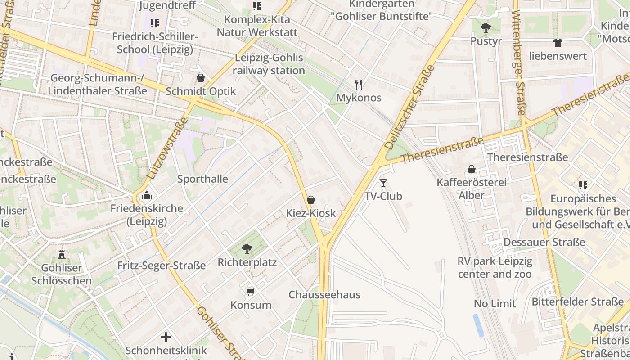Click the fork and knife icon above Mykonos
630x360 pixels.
pyautogui.click(x=359, y=84)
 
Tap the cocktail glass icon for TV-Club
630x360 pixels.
pyautogui.click(x=383, y=183)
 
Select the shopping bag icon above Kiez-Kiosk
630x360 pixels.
pyautogui.click(x=310, y=200)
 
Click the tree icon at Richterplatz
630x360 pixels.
pyautogui.click(x=247, y=248)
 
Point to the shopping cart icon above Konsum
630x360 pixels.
pyautogui.click(x=251, y=292)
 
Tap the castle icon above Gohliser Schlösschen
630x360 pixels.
pyautogui.click(x=62, y=254)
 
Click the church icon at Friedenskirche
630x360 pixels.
pyautogui.click(x=147, y=195)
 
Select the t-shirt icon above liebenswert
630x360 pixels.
pyautogui.click(x=558, y=43)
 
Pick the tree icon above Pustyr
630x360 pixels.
pyautogui.click(x=486, y=27)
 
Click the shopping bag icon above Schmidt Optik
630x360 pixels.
pyautogui.click(x=201, y=78)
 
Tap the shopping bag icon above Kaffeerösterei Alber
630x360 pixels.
pyautogui.click(x=472, y=169)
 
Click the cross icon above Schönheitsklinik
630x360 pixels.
pyautogui.click(x=166, y=337)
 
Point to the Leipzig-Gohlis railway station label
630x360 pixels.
pyautogui.click(x=269, y=64)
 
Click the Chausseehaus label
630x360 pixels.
pyautogui.click(x=324, y=295)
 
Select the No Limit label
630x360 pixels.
pyautogui.click(x=495, y=304)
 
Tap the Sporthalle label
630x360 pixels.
pyautogui.click(x=202, y=179)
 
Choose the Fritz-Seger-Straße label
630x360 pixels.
pyautogui.click(x=162, y=265)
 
